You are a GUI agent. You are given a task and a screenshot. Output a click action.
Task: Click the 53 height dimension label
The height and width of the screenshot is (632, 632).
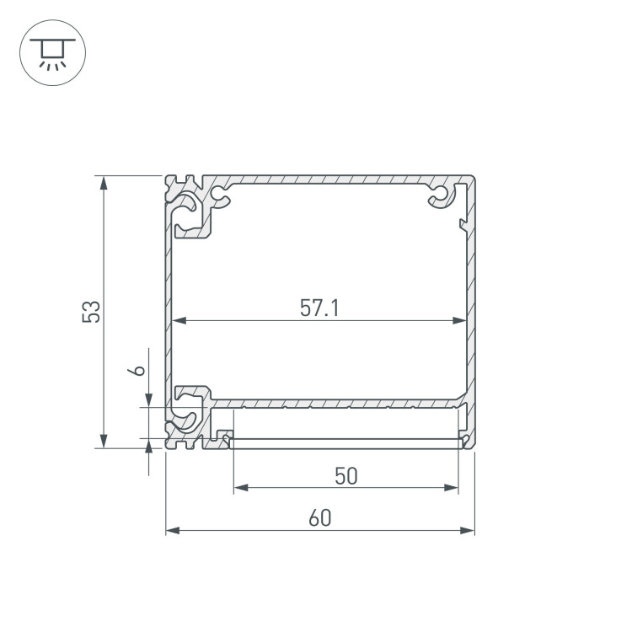pos(91,312)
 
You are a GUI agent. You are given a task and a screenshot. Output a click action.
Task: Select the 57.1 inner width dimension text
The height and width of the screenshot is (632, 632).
pos(319,308)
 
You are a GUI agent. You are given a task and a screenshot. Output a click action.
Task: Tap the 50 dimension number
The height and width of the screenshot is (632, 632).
pos(346,476)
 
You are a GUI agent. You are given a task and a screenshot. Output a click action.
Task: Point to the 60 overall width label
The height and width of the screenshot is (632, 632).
pos(320,518)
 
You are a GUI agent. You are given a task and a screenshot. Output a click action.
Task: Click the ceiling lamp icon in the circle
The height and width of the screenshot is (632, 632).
pos(53,53)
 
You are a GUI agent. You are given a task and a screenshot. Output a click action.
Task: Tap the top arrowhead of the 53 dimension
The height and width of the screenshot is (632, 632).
pos(104,183)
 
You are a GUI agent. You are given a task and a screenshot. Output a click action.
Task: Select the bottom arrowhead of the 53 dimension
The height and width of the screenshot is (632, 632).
pos(104,441)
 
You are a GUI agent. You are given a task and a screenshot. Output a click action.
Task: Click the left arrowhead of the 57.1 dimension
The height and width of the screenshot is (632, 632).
pos(179,320)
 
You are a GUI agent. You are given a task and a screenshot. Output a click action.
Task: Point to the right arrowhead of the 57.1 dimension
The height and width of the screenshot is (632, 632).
pos(459,320)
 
